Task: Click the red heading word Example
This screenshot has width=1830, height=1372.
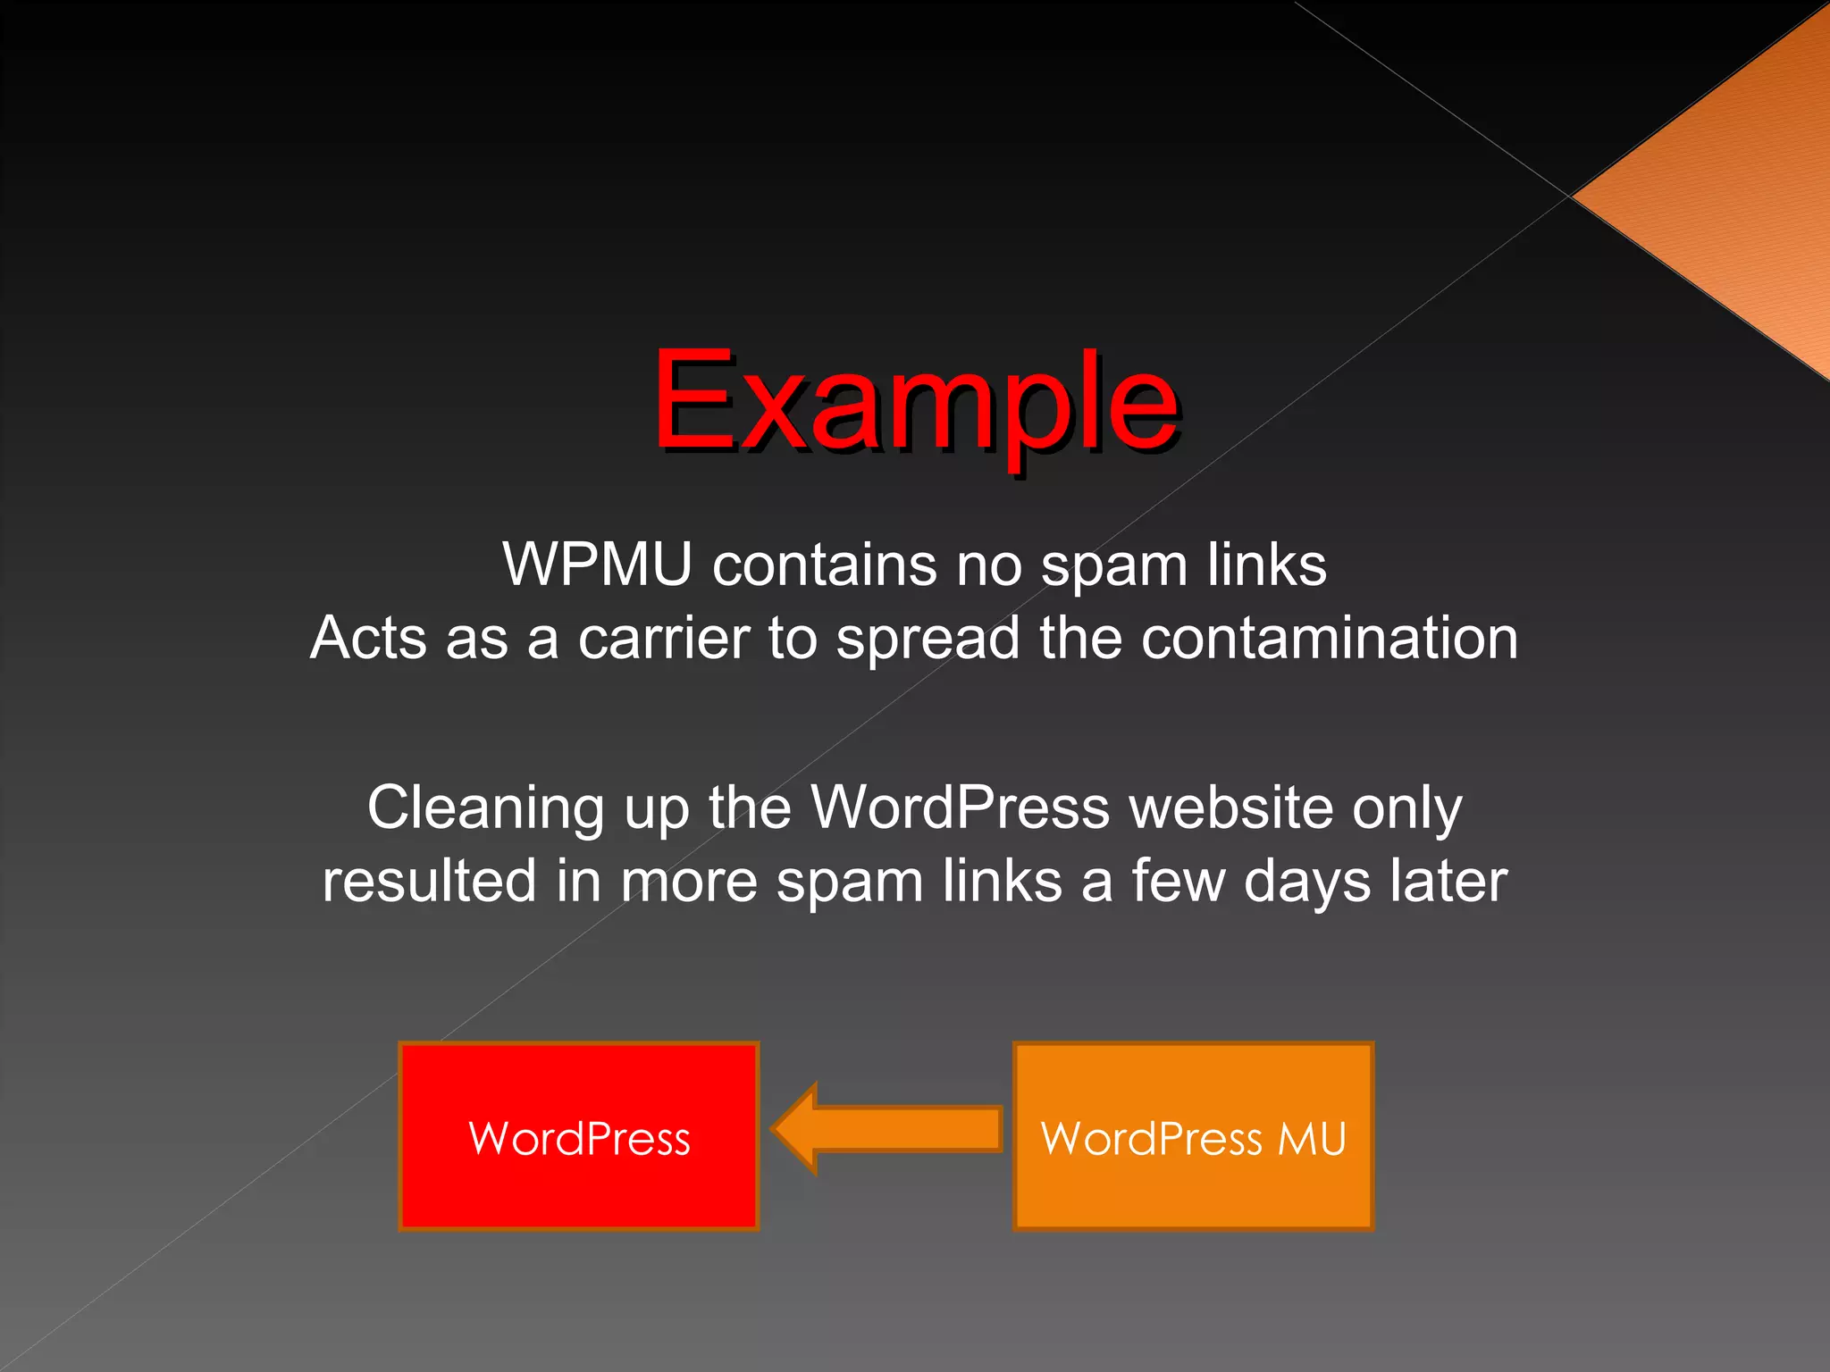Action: click(915, 402)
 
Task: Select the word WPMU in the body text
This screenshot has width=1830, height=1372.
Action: click(597, 565)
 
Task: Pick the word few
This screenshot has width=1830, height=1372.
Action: click(1179, 881)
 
